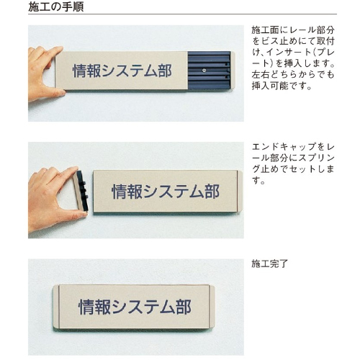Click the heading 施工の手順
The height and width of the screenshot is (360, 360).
tap(56, 6)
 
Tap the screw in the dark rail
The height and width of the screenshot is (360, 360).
tap(204, 71)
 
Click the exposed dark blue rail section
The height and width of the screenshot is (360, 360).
tap(209, 71)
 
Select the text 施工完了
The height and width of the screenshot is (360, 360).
tap(269, 264)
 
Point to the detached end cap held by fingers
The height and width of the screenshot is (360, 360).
tap(81, 192)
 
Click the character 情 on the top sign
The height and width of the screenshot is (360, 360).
tap(80, 71)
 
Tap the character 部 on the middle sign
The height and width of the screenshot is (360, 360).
tap(212, 192)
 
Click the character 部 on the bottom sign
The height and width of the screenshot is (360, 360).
tap(184, 307)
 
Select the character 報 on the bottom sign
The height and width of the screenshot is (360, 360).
tap(103, 307)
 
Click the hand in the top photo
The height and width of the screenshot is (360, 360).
tap(45, 73)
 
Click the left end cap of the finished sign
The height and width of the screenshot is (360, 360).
tap(56, 307)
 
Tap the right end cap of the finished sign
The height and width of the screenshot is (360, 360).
tap(212, 307)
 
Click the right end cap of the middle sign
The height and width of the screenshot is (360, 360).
tap(240, 192)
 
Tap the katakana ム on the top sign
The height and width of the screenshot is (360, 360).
tap(150, 71)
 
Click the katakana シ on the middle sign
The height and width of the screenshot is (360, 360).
tap(150, 192)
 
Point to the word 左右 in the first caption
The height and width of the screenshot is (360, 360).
tap(261, 75)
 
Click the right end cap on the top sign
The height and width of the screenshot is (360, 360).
tap(233, 71)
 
